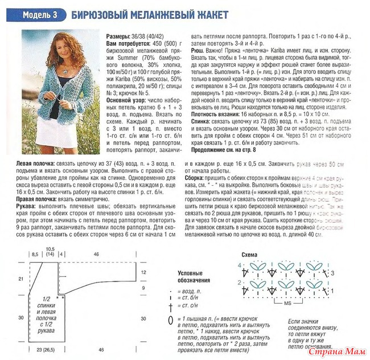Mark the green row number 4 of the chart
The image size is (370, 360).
[x=239, y=265]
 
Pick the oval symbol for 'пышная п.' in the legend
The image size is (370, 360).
[x=170, y=320]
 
